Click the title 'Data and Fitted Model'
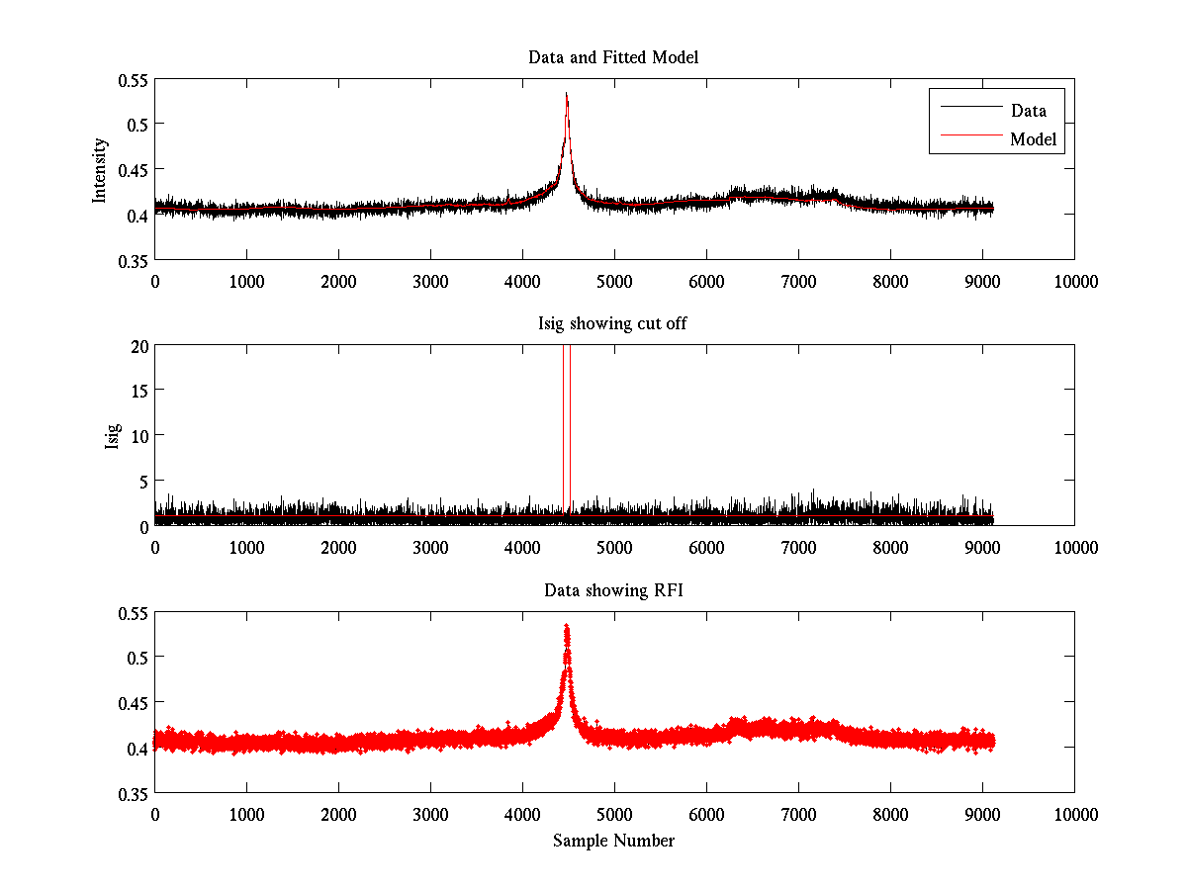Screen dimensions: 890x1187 click(613, 57)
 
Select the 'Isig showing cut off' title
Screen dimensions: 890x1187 click(613, 323)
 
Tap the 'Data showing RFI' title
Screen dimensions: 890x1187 click(613, 590)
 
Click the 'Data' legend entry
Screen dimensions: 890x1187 click(1028, 111)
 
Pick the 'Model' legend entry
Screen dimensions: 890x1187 click(1033, 139)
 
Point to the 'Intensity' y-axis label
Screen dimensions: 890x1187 click(99, 170)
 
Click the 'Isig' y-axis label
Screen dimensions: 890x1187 click(113, 436)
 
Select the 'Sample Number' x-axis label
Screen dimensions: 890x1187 click(613, 841)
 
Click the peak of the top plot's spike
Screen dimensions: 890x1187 click(567, 94)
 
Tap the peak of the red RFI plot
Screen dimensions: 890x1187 click(567, 627)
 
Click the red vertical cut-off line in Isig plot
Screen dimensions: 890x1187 click(571, 435)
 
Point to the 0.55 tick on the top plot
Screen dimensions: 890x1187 click(133, 79)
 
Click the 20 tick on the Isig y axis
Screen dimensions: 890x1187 click(138, 346)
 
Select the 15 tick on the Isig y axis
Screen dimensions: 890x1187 click(138, 391)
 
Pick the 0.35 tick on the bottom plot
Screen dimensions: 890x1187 click(133, 793)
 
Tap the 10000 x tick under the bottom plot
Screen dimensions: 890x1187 click(1075, 814)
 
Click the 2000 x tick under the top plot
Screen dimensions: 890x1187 click(339, 281)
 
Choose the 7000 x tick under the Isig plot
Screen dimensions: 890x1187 click(799, 547)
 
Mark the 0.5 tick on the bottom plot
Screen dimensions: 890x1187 click(137, 658)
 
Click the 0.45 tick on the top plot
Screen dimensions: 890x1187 click(133, 169)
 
